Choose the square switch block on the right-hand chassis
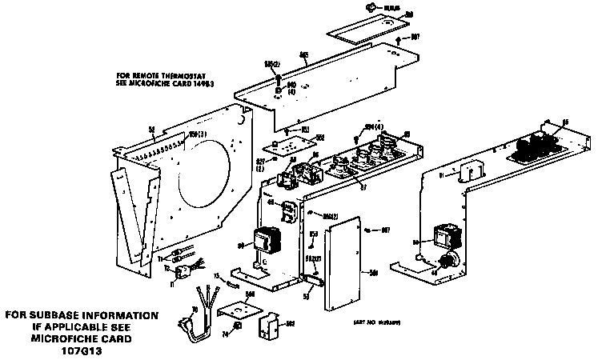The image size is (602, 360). point(443,235)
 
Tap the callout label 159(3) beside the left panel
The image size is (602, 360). point(197,134)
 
